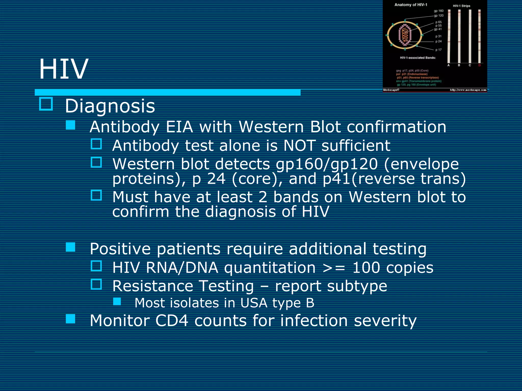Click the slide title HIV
pos(63,69)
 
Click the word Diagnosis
pos(110,106)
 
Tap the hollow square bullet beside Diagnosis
pos(46,104)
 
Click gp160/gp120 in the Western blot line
pos(327,164)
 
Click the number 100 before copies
pos(366,268)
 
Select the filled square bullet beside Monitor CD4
pos(70,319)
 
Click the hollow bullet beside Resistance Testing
pos(96,284)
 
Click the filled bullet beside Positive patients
pos(70,247)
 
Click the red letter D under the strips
pos(479,65)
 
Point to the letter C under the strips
pos(470,65)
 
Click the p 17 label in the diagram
pos(438,50)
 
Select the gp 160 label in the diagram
pos(439,11)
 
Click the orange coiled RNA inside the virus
pos(405,35)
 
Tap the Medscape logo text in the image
pos(391,90)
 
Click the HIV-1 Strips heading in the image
pos(461,6)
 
